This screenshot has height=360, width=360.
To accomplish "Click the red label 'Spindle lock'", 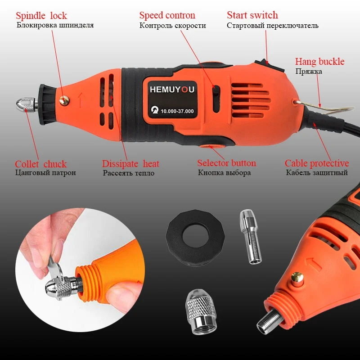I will click(x=41, y=16).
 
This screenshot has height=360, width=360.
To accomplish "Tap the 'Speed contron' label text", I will click(x=167, y=16).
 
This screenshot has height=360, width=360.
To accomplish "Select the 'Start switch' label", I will click(x=252, y=15).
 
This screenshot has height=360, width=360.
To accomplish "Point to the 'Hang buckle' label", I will click(x=319, y=62).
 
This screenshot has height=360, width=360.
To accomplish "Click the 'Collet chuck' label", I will click(x=40, y=164).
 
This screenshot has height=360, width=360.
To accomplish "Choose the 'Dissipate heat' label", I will click(x=130, y=164).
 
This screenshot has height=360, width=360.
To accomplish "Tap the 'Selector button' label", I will click(x=226, y=163).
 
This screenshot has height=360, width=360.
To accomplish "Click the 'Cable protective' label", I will click(x=316, y=163).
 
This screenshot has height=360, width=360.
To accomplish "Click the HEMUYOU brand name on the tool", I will click(x=172, y=90).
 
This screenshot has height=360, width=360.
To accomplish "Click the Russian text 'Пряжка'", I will click(x=308, y=72).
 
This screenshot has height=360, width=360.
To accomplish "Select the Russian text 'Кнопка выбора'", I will click(x=224, y=173).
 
